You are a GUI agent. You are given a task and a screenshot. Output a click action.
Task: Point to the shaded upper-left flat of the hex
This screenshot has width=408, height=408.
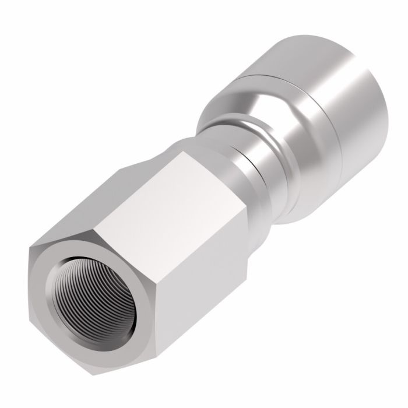point(99,198)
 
